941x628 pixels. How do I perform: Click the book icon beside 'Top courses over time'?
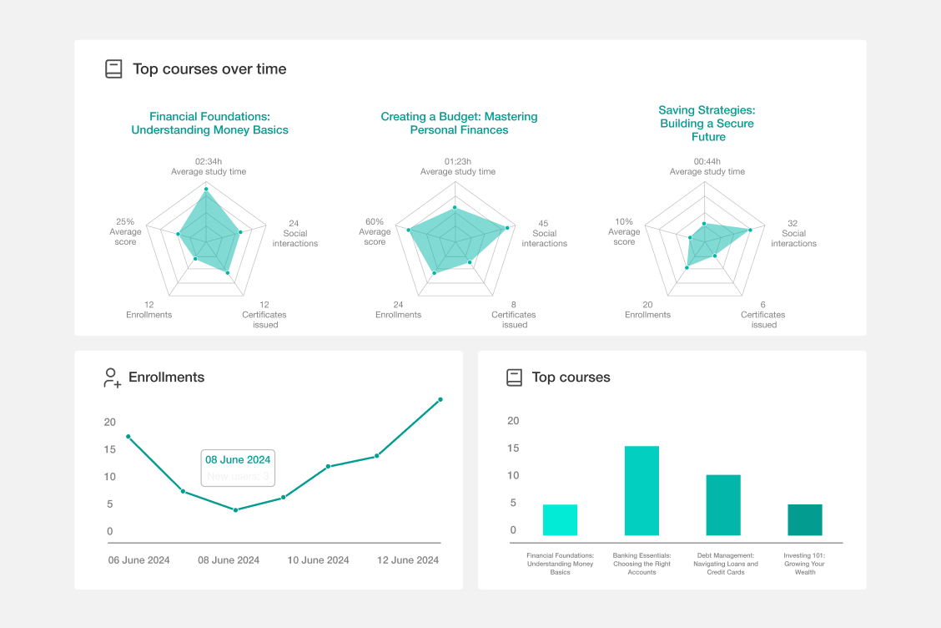[113, 69]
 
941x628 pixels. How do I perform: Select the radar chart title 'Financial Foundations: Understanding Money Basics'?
[209, 124]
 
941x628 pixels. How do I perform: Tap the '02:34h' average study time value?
[209, 161]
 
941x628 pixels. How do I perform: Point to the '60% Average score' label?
[375, 232]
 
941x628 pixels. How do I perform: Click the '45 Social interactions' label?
[544, 234]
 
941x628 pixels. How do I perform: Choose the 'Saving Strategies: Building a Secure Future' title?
[707, 124]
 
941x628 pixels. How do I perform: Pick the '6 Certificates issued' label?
[763, 315]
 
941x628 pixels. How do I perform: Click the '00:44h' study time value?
[707, 161]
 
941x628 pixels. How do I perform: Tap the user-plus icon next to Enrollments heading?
[112, 377]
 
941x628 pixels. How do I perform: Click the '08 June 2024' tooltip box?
[239, 468]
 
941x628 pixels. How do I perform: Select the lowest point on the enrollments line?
[235, 509]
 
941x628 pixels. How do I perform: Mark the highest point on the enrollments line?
[440, 399]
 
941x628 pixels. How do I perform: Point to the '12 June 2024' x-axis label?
[408, 560]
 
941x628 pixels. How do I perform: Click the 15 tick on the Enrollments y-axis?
[109, 449]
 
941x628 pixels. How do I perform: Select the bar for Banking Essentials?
[642, 491]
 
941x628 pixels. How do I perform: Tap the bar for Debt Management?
[723, 505]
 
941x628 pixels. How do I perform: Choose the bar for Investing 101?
[805, 519]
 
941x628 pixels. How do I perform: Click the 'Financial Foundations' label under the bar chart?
[560, 564]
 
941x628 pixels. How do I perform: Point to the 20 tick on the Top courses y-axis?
[513, 421]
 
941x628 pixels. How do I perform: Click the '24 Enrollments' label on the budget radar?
[398, 310]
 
